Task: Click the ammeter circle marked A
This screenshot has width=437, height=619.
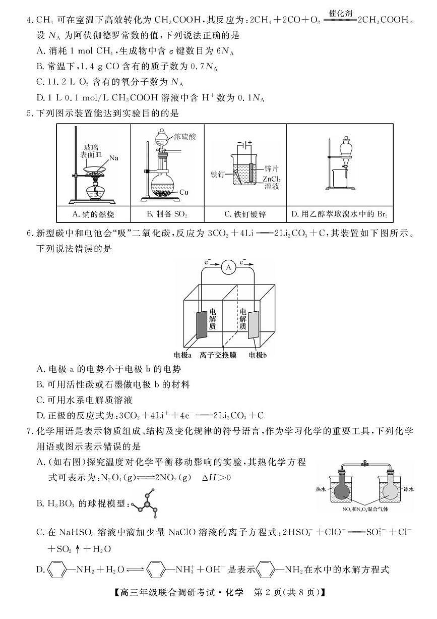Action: (228, 268)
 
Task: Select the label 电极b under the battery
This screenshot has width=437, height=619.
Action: (258, 355)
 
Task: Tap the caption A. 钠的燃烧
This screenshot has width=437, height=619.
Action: (93, 214)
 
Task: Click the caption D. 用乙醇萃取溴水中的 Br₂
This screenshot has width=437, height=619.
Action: (340, 214)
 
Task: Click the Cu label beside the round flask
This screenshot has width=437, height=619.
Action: (183, 192)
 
